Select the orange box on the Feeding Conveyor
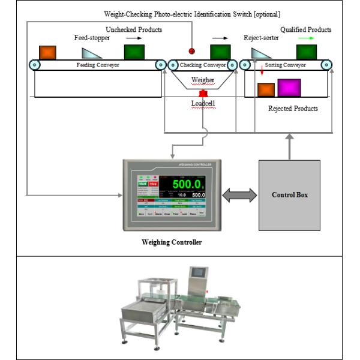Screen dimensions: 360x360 pos(48,52)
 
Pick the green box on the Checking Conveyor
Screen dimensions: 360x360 pos(220,52)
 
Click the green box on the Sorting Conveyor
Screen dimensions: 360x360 pos(306,52)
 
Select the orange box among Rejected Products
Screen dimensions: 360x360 pos(266,90)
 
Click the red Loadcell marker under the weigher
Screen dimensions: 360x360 pos(203,94)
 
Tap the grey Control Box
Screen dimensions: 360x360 pos(289,195)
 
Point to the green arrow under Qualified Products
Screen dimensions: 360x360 pos(305,38)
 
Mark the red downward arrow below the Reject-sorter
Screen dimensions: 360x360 pos(262,72)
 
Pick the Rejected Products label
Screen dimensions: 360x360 pos(293,109)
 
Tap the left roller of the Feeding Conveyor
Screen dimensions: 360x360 pos(35,65)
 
